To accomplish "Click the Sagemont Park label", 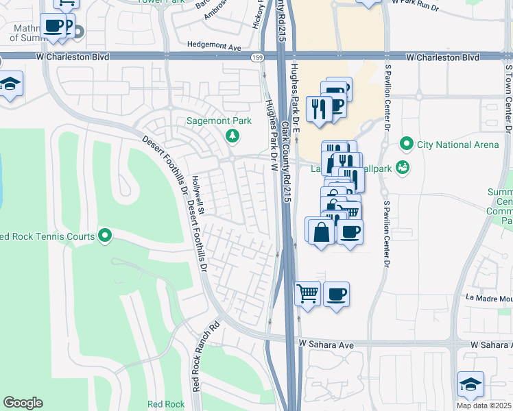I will click(x=219, y=121).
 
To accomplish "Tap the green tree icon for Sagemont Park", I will click(x=233, y=135).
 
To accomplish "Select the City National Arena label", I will click(x=457, y=145).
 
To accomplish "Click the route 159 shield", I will click(x=255, y=57).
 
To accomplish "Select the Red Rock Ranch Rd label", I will click(x=205, y=357).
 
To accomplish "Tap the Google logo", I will click(x=23, y=403).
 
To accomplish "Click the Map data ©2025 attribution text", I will click(x=484, y=406).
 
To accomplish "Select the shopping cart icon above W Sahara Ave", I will click(x=308, y=294).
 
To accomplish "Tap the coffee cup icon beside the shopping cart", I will click(x=336, y=294).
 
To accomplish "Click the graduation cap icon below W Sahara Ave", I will click(x=471, y=384).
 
